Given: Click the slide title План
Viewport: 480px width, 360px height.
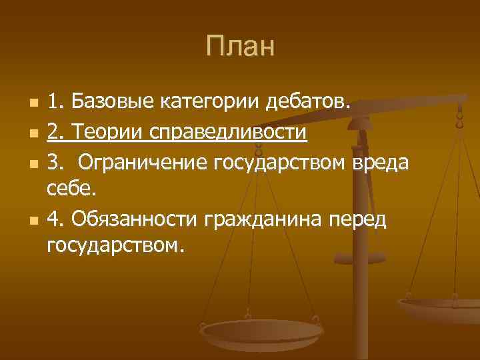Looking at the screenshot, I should tap(239, 47).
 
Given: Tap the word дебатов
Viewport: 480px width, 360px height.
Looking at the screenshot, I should tap(307, 103).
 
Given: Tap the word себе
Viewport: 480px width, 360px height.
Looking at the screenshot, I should tap(72, 189).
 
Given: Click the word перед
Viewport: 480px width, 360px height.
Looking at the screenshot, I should tap(364, 218).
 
